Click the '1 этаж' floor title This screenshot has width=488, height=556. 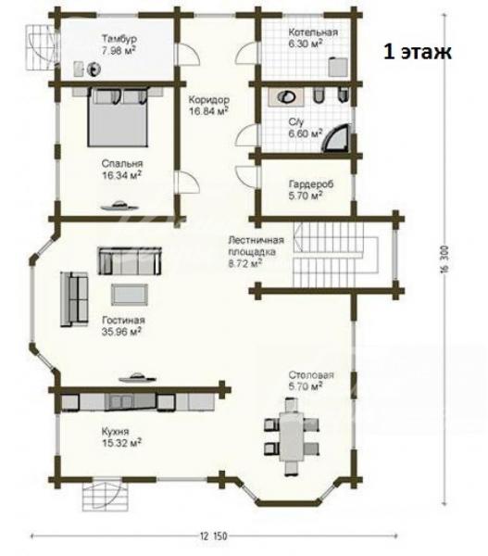[418, 52]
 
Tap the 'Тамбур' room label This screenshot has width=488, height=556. [119, 38]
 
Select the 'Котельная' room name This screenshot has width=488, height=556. [313, 32]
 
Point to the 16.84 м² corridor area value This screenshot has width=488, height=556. [208, 111]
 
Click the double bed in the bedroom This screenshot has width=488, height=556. [118, 117]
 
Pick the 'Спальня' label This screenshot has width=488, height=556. [122, 163]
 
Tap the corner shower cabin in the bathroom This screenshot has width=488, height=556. [338, 138]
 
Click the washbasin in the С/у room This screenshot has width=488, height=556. [285, 96]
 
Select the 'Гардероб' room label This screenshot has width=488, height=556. [311, 184]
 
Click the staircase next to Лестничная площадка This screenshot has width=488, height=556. [328, 256]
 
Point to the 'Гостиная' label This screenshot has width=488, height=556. [123, 321]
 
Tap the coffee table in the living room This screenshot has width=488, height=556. [130, 295]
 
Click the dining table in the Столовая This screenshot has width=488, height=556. [292, 436]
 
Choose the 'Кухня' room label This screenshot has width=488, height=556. [115, 432]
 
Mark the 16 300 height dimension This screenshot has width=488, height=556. [444, 259]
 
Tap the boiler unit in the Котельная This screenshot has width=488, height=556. [338, 67]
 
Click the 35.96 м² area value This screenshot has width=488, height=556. [122, 333]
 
